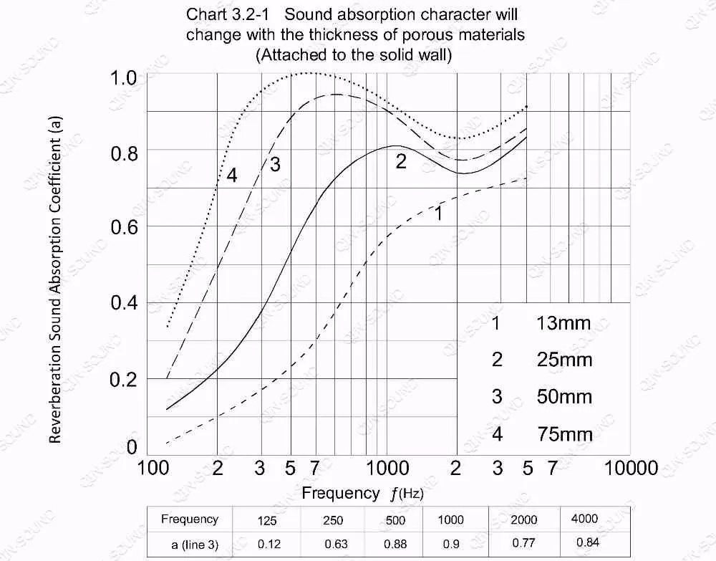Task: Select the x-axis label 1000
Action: (x=387, y=468)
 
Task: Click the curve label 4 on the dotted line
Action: (x=231, y=175)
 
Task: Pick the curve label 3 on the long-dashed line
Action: (x=274, y=165)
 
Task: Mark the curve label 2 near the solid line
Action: (x=401, y=162)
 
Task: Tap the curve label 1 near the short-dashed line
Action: (x=439, y=212)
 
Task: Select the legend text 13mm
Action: (x=563, y=323)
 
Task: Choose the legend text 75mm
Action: (x=564, y=433)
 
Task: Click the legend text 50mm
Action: (x=564, y=397)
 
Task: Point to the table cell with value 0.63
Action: (x=333, y=544)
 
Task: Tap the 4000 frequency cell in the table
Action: (x=584, y=519)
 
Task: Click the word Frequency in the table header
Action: (x=189, y=519)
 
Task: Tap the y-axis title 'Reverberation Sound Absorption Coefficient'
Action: (x=57, y=279)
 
